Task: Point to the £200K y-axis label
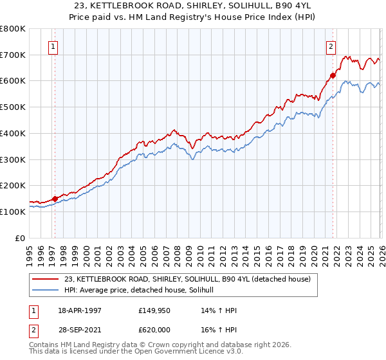click(13, 185)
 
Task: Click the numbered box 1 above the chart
click(52, 46)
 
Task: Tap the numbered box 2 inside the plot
click(331, 46)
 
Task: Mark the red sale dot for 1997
click(55, 199)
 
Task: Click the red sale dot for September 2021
click(333, 76)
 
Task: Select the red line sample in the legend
click(46, 279)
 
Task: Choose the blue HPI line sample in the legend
click(46, 291)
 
